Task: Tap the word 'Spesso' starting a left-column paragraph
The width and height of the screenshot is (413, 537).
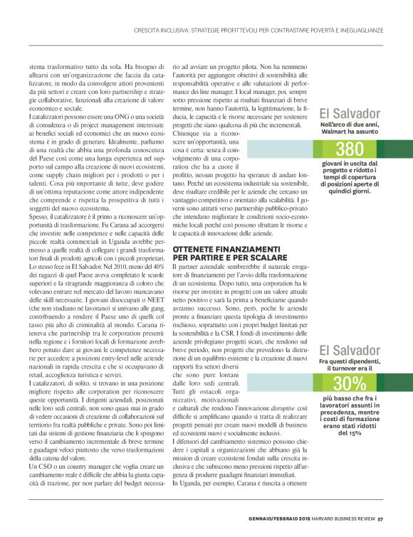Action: (37, 195)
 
